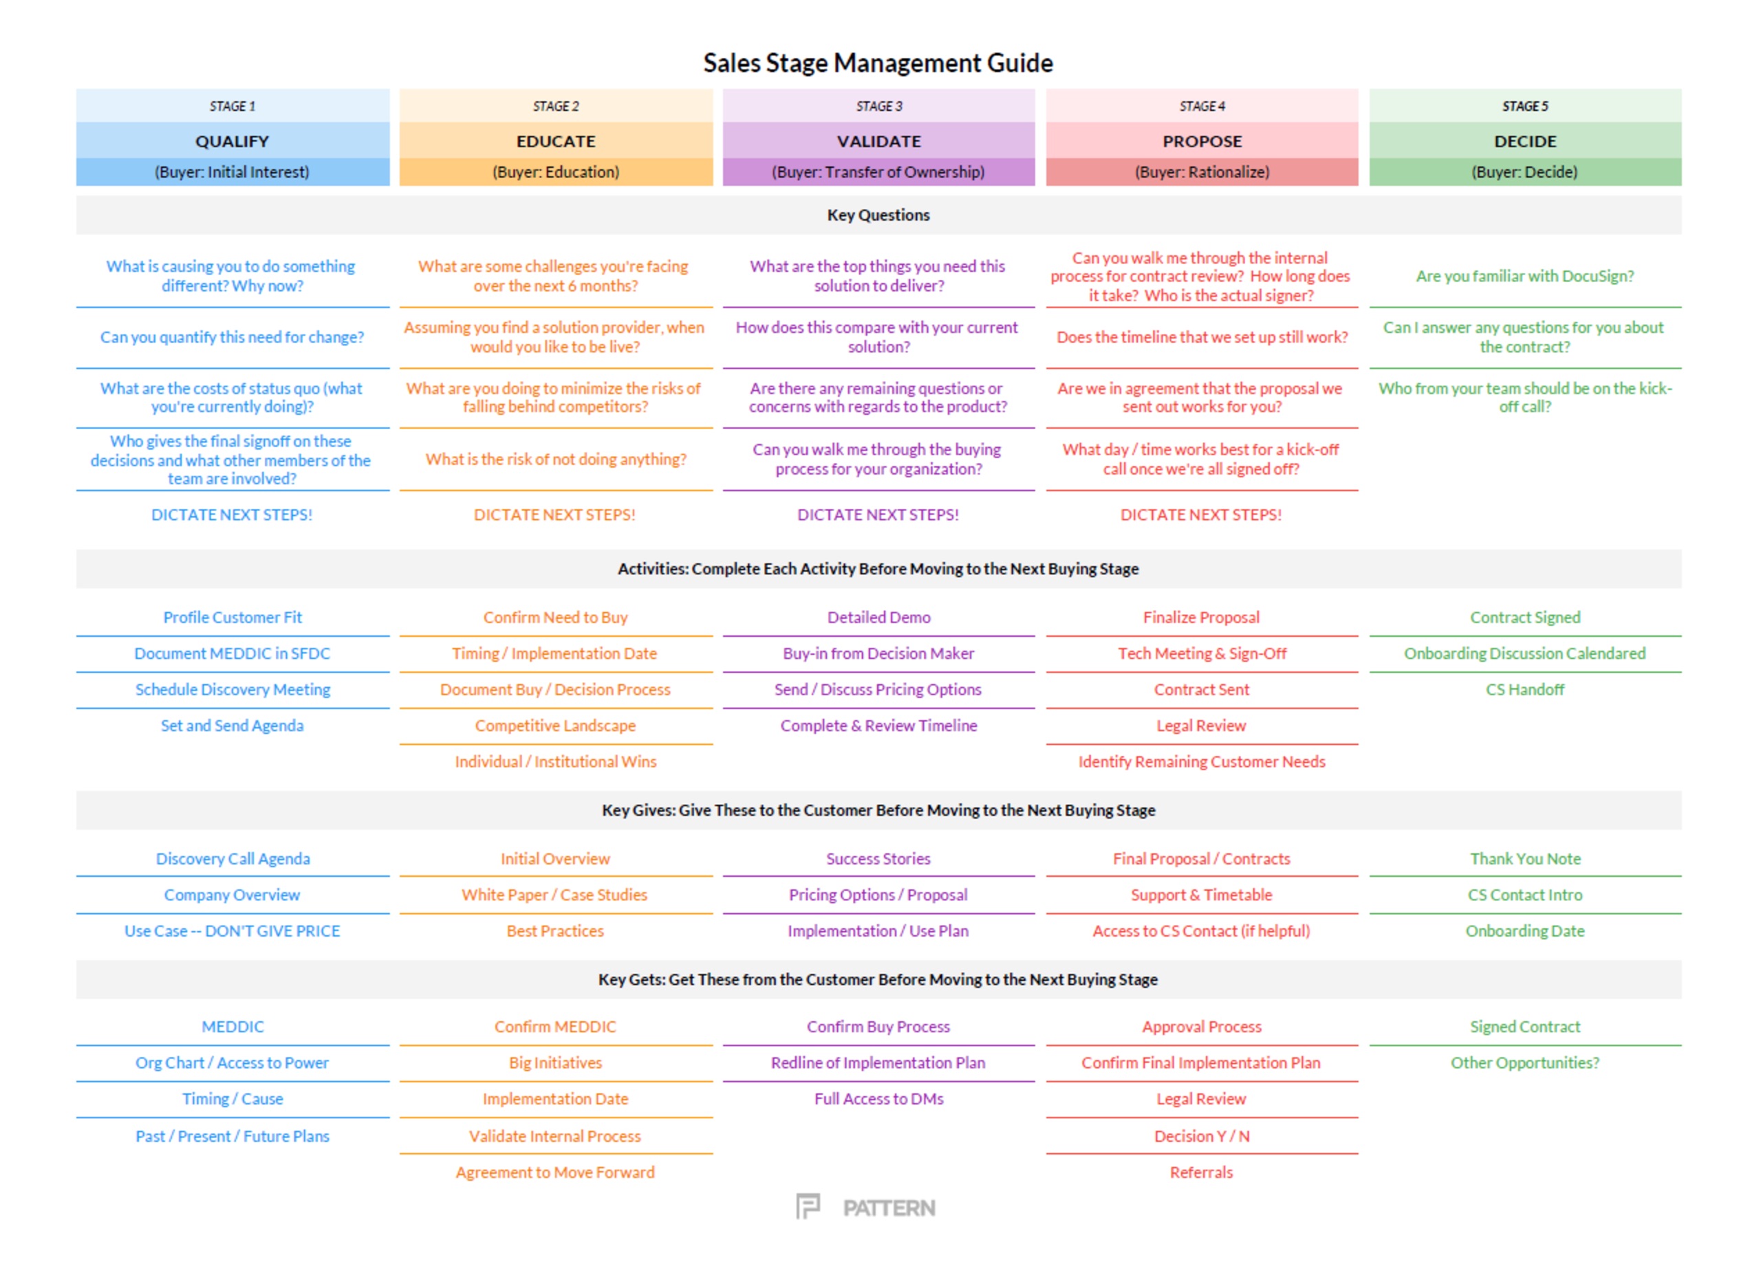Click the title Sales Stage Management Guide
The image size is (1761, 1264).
point(878,63)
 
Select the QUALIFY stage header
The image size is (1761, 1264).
point(232,141)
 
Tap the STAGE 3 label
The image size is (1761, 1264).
point(879,107)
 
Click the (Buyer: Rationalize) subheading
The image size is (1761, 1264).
point(1202,173)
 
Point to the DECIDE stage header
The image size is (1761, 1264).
point(1525,141)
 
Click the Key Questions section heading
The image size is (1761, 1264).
point(878,215)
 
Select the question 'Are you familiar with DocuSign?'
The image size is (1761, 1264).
point(1525,276)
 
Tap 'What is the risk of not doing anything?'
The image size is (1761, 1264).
point(556,459)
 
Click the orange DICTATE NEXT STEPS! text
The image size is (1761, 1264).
point(554,515)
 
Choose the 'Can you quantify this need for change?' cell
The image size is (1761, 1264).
point(232,338)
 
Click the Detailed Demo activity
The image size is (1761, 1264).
point(879,618)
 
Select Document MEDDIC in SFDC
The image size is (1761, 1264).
point(232,654)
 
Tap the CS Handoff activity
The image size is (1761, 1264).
point(1525,690)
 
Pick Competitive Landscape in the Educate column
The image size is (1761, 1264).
point(555,726)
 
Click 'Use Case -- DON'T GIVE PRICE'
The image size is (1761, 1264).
point(232,931)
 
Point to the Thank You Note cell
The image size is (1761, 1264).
point(1525,859)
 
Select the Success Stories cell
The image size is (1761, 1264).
point(878,859)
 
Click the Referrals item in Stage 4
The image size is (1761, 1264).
point(1201,1173)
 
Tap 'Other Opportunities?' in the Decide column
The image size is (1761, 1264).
point(1525,1063)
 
